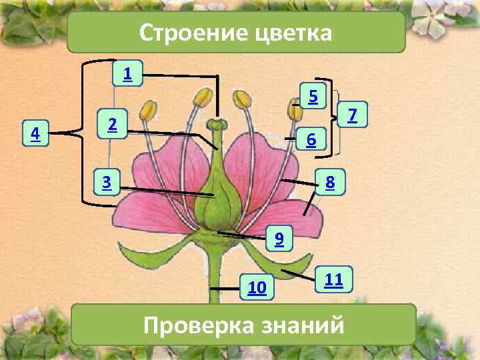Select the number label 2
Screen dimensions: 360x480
point(113,124)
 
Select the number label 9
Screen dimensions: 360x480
point(279,238)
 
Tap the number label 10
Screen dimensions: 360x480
point(257,288)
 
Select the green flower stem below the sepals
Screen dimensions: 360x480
point(215,280)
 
